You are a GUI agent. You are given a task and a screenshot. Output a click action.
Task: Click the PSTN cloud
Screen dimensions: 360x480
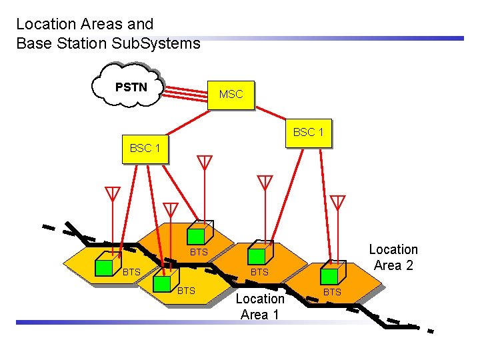pos(131,87)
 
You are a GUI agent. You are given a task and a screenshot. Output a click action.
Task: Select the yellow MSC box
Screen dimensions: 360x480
pos(231,94)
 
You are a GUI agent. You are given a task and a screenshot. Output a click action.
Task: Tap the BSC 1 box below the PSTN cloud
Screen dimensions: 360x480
pos(145,148)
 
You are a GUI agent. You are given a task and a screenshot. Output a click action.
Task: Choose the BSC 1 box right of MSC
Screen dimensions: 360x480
pos(308,132)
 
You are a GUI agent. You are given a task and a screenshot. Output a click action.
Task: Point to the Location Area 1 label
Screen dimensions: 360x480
pos(259,307)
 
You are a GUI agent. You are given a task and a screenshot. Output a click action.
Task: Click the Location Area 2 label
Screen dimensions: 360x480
pos(393,257)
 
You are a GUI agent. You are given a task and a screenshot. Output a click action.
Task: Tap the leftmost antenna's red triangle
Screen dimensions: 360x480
pos(113,193)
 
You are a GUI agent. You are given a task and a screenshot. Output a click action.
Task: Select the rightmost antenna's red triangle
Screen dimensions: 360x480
pos(338,201)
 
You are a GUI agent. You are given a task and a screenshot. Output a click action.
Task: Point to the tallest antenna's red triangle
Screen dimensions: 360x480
pos(204,161)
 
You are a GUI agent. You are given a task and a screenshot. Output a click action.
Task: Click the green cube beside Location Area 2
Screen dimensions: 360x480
pos(329,275)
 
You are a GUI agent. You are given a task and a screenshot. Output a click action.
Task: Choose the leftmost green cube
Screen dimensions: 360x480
pos(103,266)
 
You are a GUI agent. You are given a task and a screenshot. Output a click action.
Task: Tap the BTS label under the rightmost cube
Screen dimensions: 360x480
pos(332,292)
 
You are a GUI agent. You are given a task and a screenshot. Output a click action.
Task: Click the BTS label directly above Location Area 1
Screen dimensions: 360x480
pos(259,272)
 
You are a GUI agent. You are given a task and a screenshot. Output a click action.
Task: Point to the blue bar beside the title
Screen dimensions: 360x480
pos(333,38)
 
